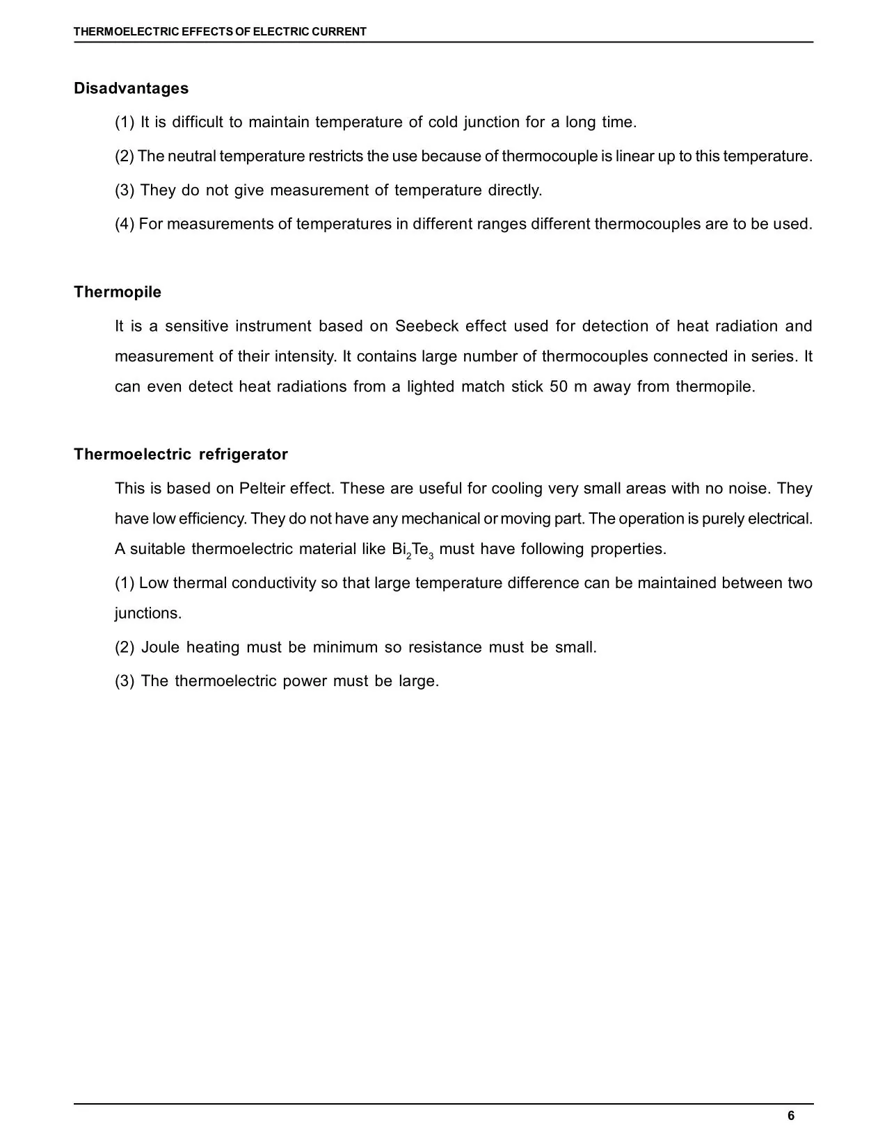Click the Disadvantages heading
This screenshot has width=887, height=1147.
[131, 88]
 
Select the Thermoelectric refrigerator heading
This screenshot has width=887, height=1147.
[181, 455]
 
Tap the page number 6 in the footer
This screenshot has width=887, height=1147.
[790, 1116]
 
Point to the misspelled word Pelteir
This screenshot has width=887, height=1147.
[262, 489]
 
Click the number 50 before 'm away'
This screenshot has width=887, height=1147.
[559, 387]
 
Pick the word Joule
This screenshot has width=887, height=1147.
[160, 648]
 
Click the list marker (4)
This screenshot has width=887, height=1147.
[125, 225]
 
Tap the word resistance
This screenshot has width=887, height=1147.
[445, 648]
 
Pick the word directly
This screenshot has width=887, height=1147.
[514, 190]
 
